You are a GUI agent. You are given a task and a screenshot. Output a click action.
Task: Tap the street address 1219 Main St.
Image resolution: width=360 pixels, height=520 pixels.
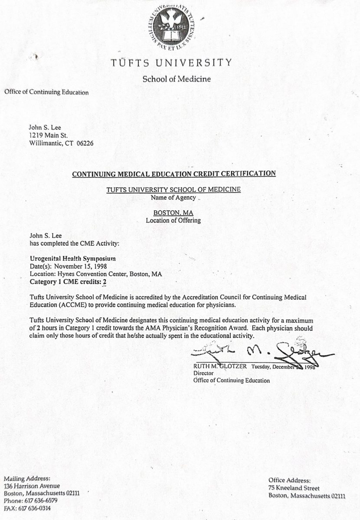[x=49, y=135]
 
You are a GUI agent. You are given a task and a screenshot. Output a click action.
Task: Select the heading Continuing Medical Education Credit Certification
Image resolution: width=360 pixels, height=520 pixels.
[x=173, y=174]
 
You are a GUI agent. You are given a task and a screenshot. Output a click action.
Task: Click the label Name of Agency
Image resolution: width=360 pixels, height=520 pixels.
[x=173, y=197]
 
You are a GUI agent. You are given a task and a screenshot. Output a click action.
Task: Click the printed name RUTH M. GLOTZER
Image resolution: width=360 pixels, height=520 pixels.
[x=220, y=366]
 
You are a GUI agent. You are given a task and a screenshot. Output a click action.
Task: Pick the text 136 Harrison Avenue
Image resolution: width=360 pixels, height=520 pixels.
[x=32, y=486]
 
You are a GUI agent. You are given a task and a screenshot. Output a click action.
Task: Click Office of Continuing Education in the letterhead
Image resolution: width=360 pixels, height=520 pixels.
[x=46, y=92]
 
